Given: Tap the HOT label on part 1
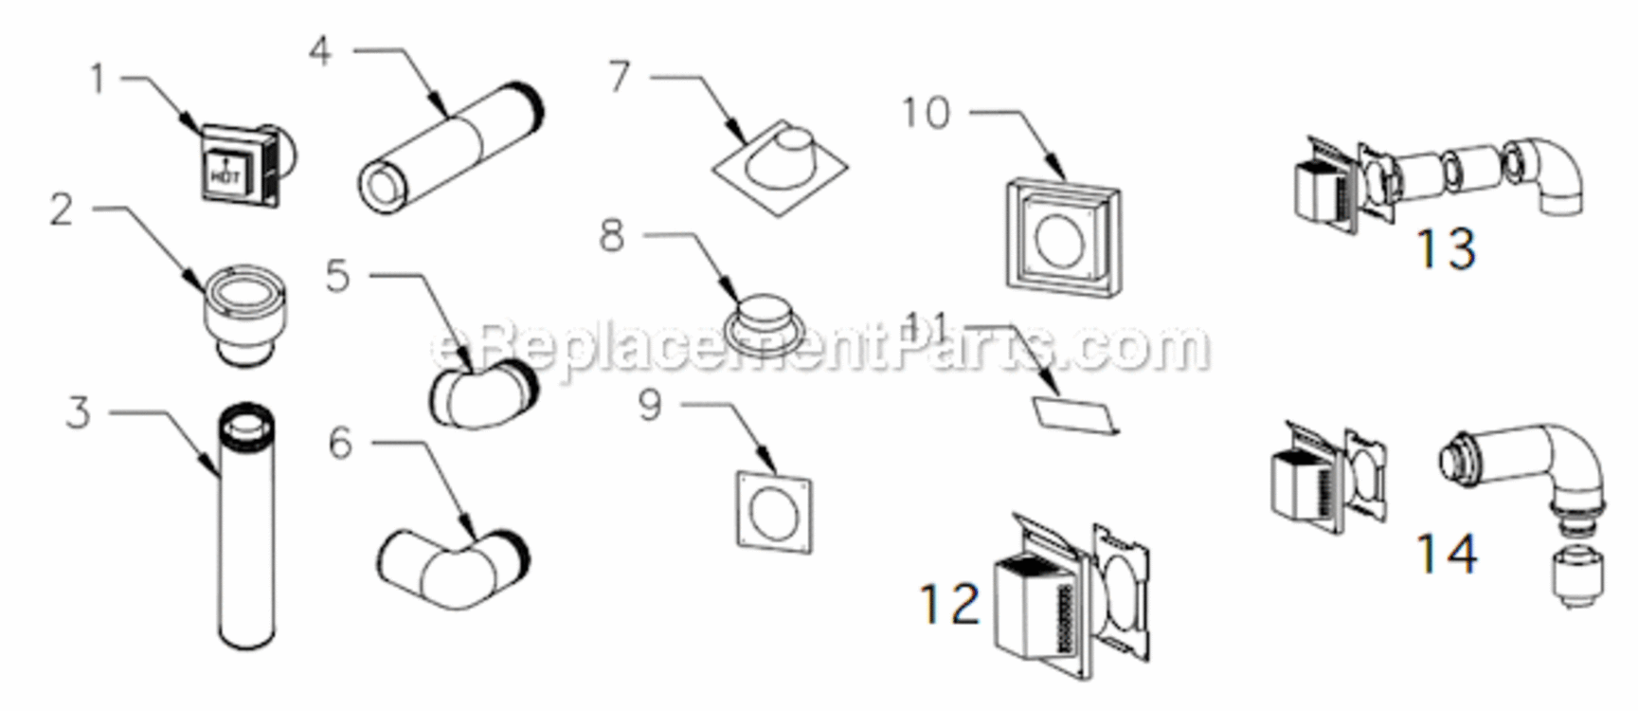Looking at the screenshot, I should click(225, 174).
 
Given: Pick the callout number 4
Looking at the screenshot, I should click(320, 49).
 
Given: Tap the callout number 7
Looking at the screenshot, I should click(619, 76).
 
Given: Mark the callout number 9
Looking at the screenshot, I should click(649, 406).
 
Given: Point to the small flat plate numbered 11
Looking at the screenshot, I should click(1074, 414).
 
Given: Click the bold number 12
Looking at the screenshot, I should click(949, 604).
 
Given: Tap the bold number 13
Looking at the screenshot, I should click(1445, 249).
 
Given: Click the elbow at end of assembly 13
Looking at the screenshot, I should click(1550, 175).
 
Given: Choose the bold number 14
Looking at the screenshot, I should click(1446, 554).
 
